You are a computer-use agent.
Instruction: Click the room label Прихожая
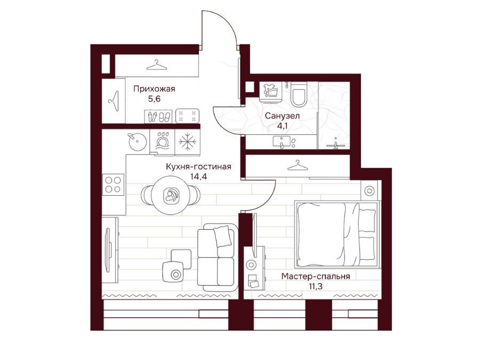[154, 89]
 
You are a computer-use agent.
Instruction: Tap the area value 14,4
[198, 177]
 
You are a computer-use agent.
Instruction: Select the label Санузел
[282, 116]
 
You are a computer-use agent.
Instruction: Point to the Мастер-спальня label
[316, 276]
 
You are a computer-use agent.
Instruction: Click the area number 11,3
[316, 286]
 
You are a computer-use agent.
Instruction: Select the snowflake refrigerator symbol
[187, 141]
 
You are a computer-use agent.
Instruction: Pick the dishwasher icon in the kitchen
[162, 141]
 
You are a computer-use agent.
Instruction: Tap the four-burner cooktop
[113, 185]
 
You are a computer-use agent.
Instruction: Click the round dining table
[171, 195]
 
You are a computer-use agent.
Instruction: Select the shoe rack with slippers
[158, 116]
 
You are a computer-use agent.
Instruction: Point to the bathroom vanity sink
[283, 142]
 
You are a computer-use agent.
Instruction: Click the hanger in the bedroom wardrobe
[298, 165]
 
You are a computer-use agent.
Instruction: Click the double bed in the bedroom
[337, 234]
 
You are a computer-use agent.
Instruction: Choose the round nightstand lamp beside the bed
[370, 191]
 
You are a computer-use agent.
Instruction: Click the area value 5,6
[154, 99]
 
